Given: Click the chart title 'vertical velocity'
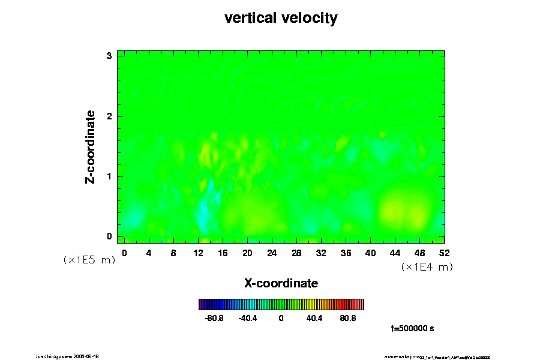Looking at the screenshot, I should (281, 18).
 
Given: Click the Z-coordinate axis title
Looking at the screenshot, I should (91, 146).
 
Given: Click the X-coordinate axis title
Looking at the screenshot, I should (281, 283).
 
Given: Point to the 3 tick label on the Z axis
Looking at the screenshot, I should (109, 56).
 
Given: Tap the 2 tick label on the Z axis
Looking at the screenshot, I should (109, 116).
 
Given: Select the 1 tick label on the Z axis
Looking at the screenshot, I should (109, 176).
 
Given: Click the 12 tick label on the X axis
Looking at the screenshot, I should (198, 253).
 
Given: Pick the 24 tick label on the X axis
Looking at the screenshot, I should (272, 253).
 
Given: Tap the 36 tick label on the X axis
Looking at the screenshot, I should (346, 253).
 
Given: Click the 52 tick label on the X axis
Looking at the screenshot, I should (445, 253).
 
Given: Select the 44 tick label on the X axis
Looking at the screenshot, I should (395, 253).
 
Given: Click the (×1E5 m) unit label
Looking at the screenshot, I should (89, 260).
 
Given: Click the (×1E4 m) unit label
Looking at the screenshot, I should (427, 267).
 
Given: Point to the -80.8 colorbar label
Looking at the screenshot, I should (214, 318).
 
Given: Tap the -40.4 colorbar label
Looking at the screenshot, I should (248, 318).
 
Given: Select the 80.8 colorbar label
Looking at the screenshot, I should (348, 318).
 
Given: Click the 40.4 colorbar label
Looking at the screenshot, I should (314, 318).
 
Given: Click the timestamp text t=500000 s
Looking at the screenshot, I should (412, 329).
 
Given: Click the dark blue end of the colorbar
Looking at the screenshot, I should (202, 304).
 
